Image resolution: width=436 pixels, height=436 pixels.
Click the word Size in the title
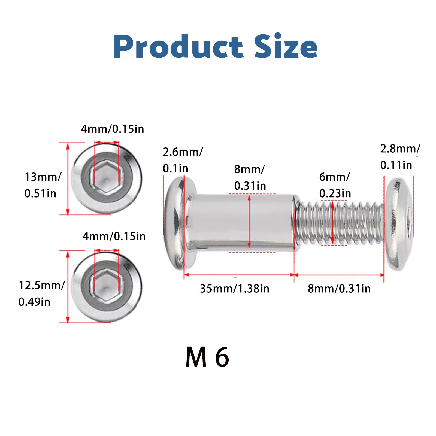(x=286, y=46)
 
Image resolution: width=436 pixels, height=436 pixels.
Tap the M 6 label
(x=207, y=357)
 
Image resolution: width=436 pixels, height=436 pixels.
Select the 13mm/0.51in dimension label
(x=43, y=185)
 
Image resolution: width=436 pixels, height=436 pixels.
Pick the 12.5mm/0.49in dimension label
(x=41, y=293)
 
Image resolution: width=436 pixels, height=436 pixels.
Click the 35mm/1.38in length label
(x=235, y=289)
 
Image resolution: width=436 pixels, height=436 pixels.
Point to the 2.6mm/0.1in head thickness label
(x=183, y=160)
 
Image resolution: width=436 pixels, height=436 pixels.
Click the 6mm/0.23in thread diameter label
(x=335, y=185)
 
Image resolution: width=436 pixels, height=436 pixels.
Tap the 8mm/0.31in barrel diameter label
(x=250, y=177)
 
